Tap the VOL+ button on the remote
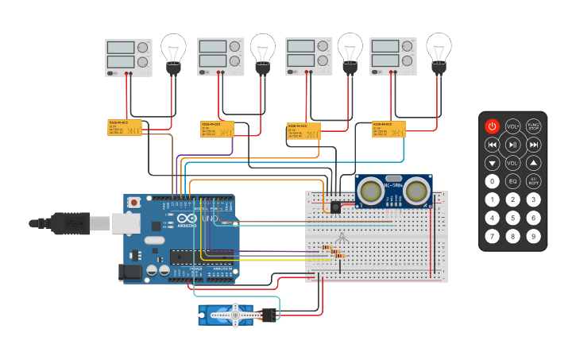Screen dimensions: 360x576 coord(513,126)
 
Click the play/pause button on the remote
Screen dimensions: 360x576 coord(513,145)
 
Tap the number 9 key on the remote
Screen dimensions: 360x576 coord(534,236)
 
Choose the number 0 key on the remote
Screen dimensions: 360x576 coord(493,181)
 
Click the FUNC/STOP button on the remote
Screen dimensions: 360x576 coord(534,126)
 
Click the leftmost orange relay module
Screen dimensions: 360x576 coord(125,127)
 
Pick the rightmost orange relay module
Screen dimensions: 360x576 coord(389,130)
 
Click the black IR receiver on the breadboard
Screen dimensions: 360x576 coord(335,207)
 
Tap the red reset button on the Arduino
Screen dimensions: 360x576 coord(133,203)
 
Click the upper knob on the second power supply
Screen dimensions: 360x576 coord(234,47)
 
